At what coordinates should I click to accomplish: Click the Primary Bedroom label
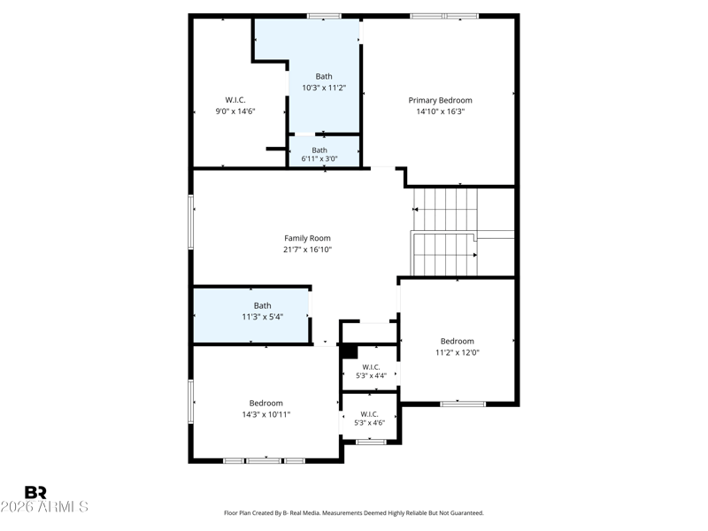(440, 100)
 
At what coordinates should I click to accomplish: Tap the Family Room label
(307, 238)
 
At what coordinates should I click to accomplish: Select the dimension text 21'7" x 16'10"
(307, 250)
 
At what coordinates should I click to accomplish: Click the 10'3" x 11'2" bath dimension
(324, 88)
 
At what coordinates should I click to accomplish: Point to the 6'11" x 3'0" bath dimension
(319, 158)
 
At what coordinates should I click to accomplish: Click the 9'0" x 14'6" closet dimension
(235, 112)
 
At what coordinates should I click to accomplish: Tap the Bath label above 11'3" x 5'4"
(262, 305)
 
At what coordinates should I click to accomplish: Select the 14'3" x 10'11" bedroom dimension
(266, 414)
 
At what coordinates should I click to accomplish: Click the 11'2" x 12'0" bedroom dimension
(457, 352)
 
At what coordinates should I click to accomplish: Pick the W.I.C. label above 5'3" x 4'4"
(371, 367)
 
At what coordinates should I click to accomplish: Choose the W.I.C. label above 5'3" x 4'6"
(369, 414)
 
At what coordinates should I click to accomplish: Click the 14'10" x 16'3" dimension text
(440, 112)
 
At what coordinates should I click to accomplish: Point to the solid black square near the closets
(349, 351)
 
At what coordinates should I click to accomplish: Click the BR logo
(35, 492)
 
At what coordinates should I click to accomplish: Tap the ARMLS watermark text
(44, 506)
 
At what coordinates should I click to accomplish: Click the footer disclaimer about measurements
(354, 513)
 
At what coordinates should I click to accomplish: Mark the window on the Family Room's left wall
(191, 222)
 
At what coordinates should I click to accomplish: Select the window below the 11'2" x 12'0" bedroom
(463, 404)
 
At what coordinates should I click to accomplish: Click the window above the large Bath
(324, 16)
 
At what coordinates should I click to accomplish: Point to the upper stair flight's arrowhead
(415, 210)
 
